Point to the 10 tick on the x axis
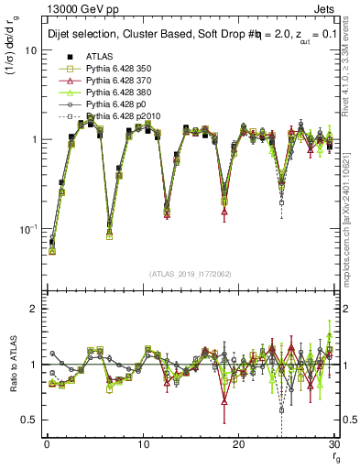tap(142, 443)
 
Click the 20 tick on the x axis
tap(238, 443)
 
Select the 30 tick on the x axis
tap(333, 443)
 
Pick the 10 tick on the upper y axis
tap(29, 50)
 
